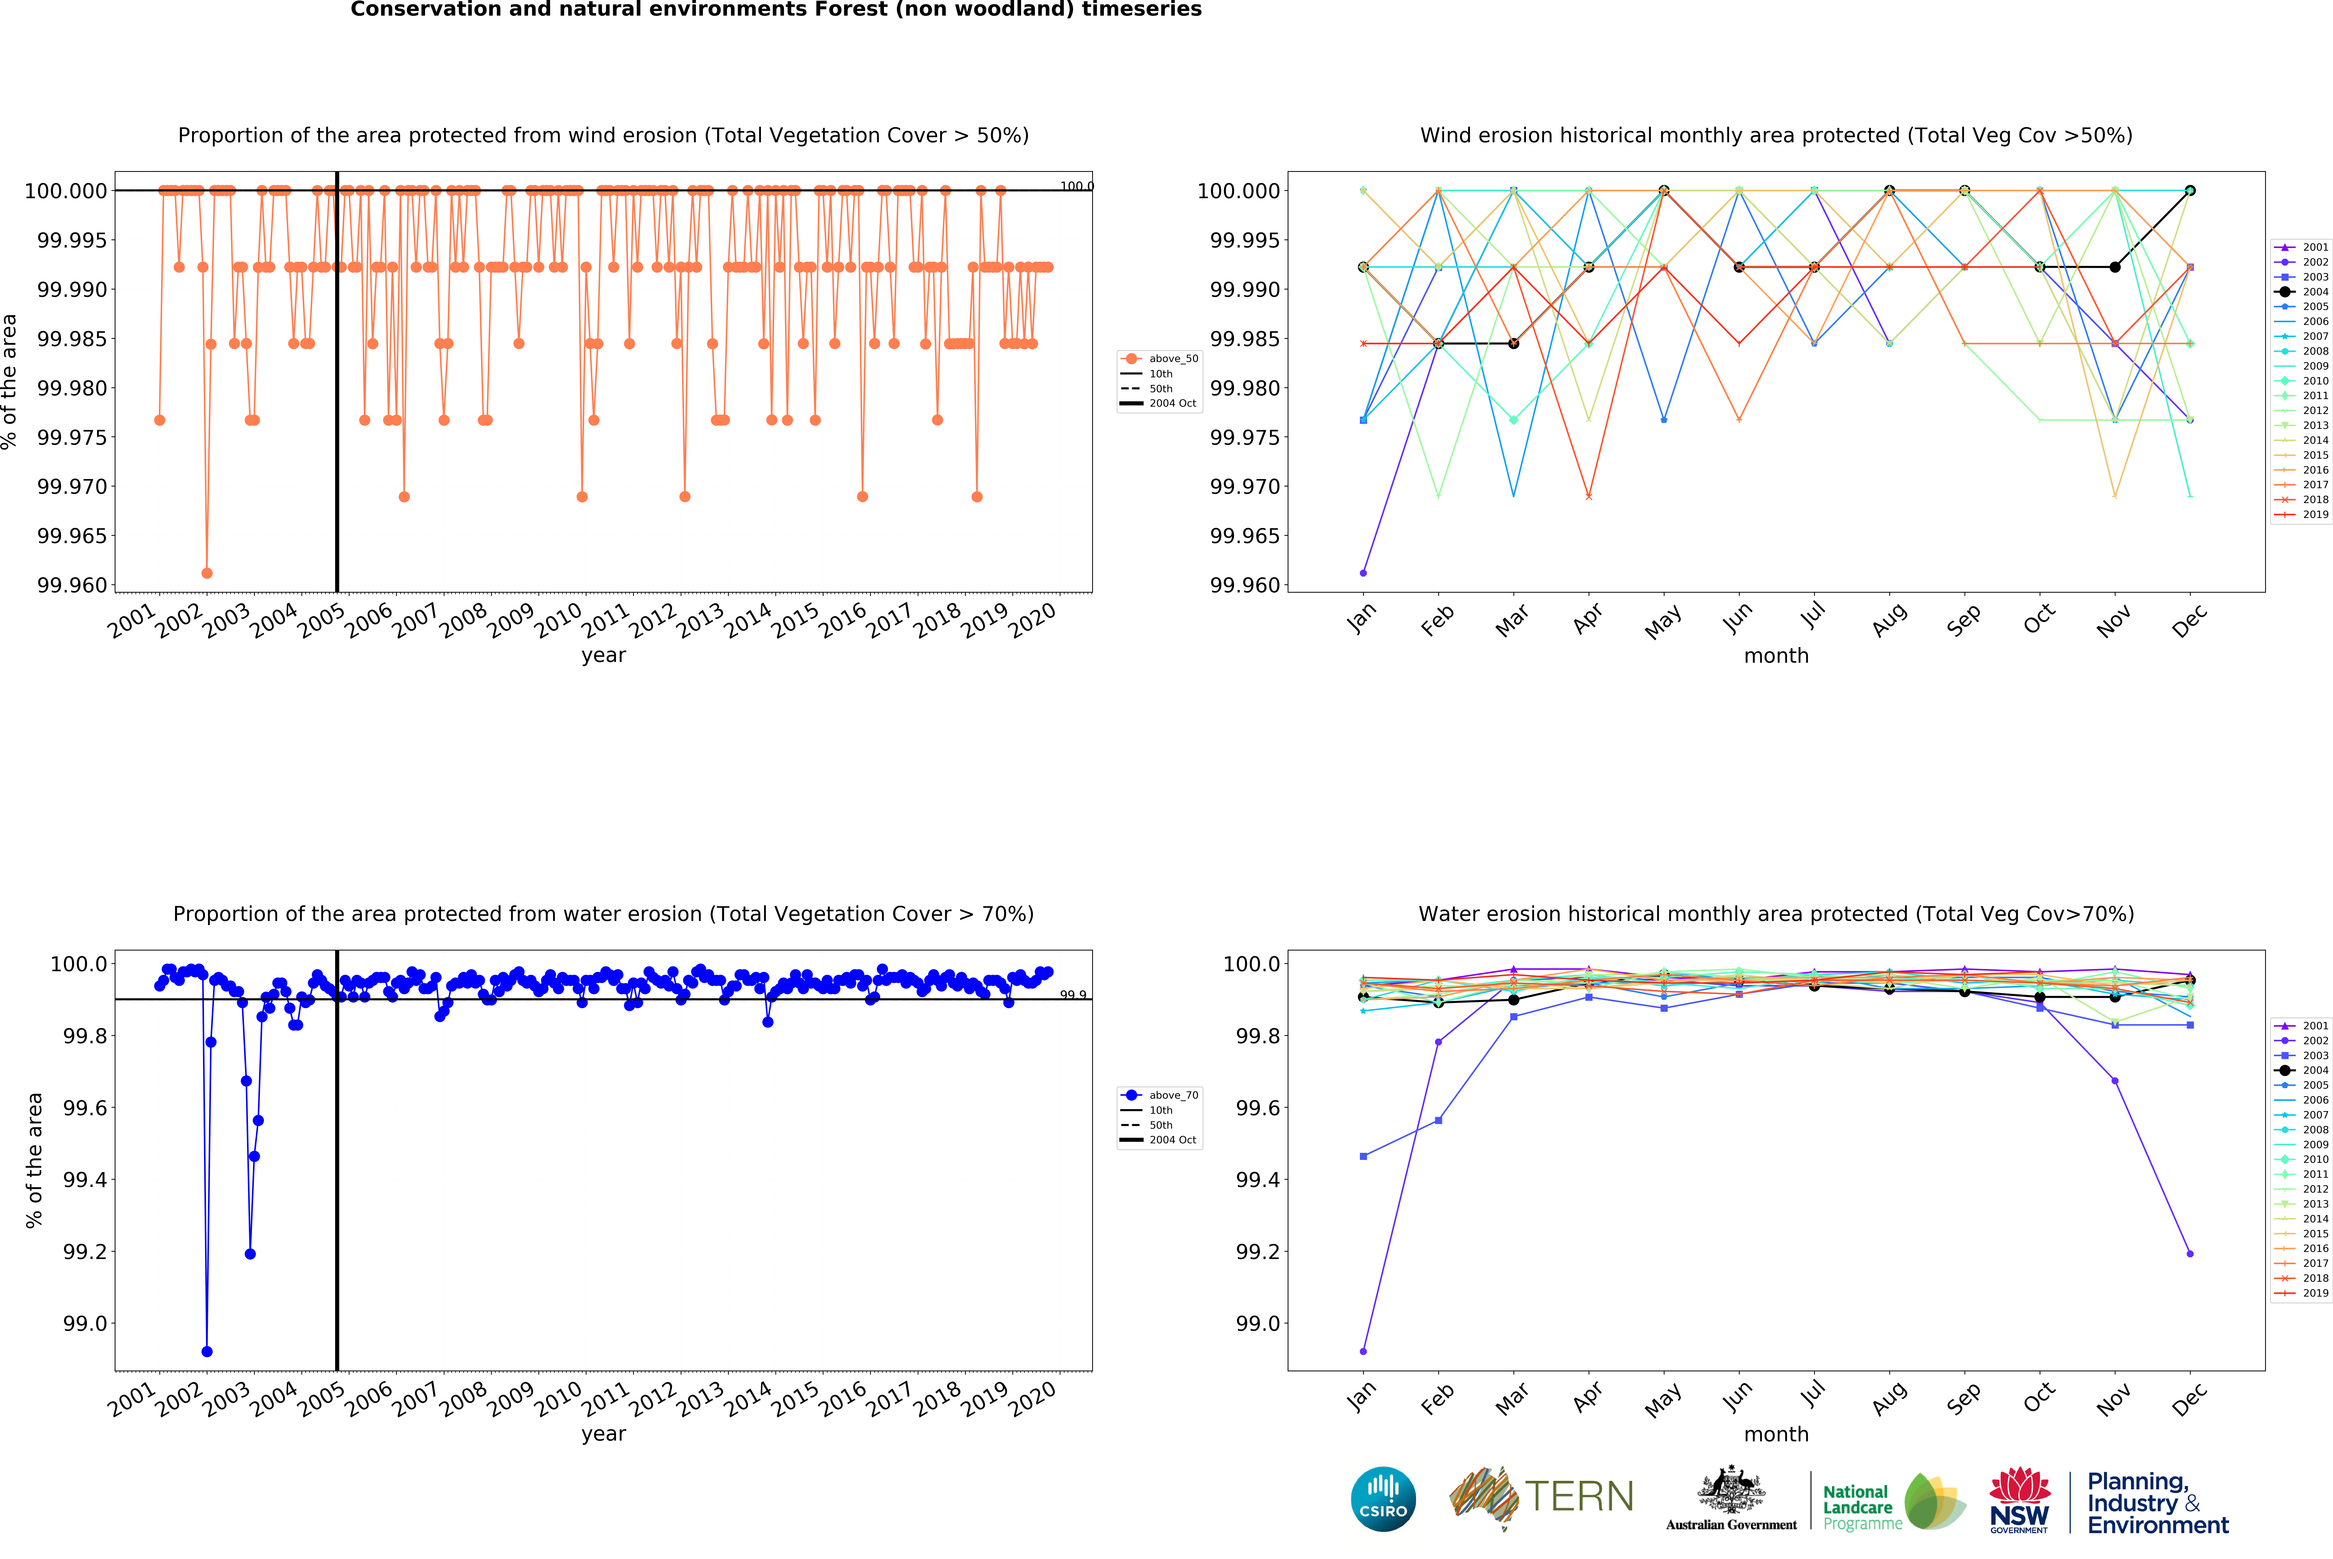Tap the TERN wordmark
click(x=1579, y=1496)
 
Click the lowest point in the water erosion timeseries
click(x=207, y=1351)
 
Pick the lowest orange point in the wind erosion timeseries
click(x=207, y=573)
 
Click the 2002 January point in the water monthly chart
click(x=1363, y=1351)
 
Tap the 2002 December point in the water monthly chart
click(x=2190, y=1254)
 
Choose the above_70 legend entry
click(x=1173, y=1095)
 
